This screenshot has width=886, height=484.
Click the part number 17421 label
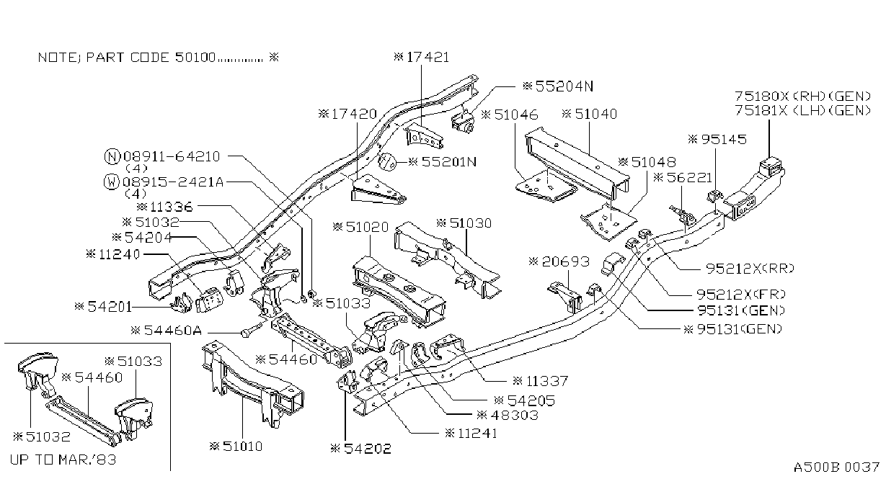coord(422,58)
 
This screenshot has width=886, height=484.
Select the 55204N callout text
coord(558,86)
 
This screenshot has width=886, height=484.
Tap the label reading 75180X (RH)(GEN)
coord(803,96)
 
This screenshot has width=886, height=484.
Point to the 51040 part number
coord(590,115)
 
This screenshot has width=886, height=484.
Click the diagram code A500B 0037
coord(836,467)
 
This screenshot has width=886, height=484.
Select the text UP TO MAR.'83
coord(63,460)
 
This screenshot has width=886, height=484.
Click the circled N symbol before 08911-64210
coord(112,156)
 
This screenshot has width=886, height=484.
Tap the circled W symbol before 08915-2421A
coord(111,181)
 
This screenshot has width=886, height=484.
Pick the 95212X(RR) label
coord(750,269)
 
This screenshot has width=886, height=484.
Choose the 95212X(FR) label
coord(741,295)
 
